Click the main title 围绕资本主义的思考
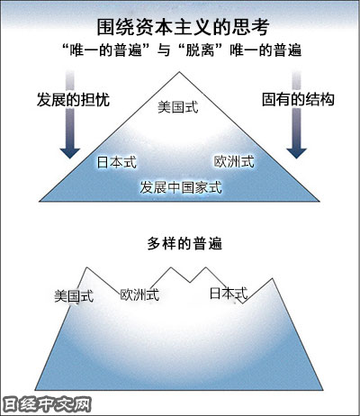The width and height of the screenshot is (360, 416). (x=183, y=27)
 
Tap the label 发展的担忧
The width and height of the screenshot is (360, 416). (x=73, y=100)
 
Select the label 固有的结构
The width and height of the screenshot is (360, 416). (x=298, y=100)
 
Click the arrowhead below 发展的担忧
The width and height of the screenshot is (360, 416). (x=70, y=153)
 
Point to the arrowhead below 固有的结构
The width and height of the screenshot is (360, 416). (x=296, y=153)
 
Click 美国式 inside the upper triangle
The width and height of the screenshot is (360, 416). (x=178, y=107)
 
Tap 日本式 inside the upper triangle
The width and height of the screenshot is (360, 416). (x=117, y=162)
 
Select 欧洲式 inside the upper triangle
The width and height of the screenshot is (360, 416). (x=234, y=161)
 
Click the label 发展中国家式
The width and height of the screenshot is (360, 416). (x=181, y=187)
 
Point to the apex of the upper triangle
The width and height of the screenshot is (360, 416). (x=179, y=72)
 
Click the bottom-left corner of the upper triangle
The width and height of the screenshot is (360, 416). (x=40, y=201)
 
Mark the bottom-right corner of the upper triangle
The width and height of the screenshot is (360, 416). (x=319, y=201)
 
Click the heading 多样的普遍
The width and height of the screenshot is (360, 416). (x=184, y=243)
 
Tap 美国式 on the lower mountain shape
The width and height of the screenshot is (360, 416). (x=74, y=296)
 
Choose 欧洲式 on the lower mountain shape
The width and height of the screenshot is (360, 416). (x=139, y=294)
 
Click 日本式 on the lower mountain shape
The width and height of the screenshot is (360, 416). (x=229, y=294)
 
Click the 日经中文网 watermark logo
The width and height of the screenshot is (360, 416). (x=47, y=405)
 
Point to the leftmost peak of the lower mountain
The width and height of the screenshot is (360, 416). (x=87, y=267)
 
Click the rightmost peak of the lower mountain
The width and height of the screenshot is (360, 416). (x=273, y=278)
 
